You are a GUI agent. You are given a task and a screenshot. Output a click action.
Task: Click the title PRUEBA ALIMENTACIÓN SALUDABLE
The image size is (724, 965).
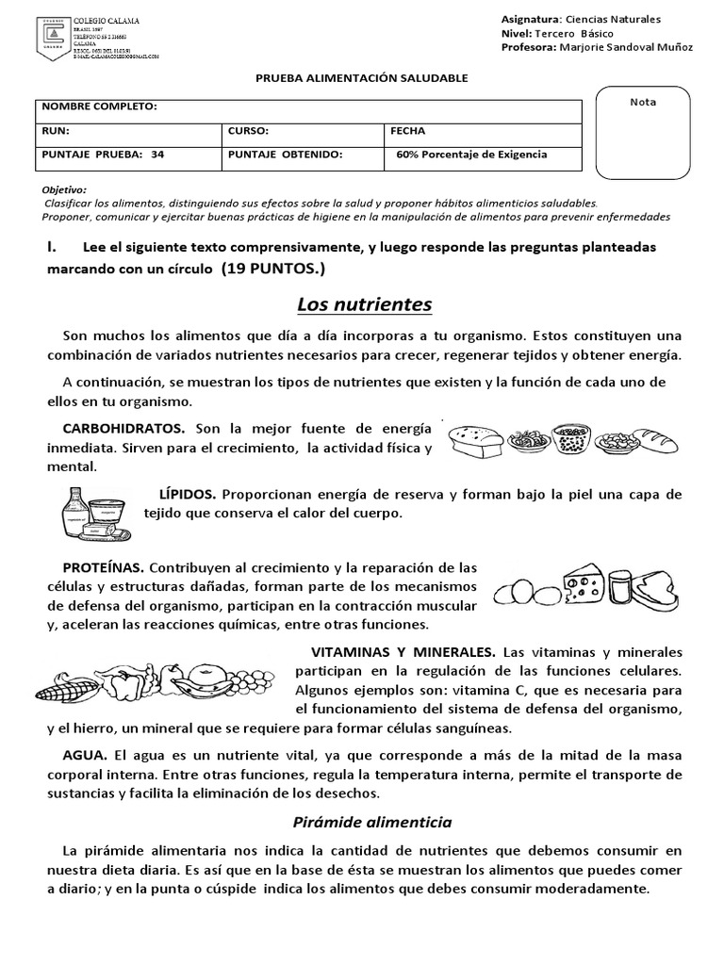pos(361,78)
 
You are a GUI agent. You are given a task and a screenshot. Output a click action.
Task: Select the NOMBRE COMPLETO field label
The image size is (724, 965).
pos(99,108)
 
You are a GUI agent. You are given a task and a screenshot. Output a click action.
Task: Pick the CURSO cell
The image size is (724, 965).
pos(248,131)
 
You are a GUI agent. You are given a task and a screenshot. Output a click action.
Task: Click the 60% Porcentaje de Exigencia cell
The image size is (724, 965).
pos(471,155)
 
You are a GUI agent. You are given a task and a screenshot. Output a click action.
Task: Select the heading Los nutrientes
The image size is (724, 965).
pos(364,304)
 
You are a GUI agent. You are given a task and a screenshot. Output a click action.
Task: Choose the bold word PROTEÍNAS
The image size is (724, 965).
pos(103,567)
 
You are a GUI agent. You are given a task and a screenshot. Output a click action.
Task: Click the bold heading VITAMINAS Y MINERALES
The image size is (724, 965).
pos(403,652)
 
